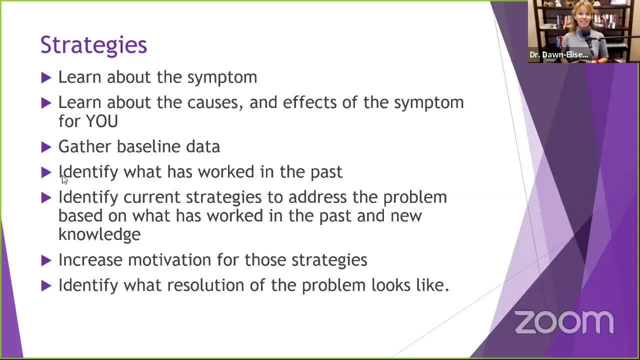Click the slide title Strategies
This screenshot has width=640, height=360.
93,45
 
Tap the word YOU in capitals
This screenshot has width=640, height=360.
102,121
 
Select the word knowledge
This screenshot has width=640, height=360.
99,234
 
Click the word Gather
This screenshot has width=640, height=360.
85,146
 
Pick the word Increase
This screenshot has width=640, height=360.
90,259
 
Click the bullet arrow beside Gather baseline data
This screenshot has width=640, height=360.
46,147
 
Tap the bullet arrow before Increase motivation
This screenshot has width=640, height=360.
46,260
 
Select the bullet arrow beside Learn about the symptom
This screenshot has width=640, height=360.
46,77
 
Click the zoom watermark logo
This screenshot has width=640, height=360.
564,322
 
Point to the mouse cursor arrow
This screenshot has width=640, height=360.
64,179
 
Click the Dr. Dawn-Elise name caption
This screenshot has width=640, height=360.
559,54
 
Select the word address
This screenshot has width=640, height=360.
317,197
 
